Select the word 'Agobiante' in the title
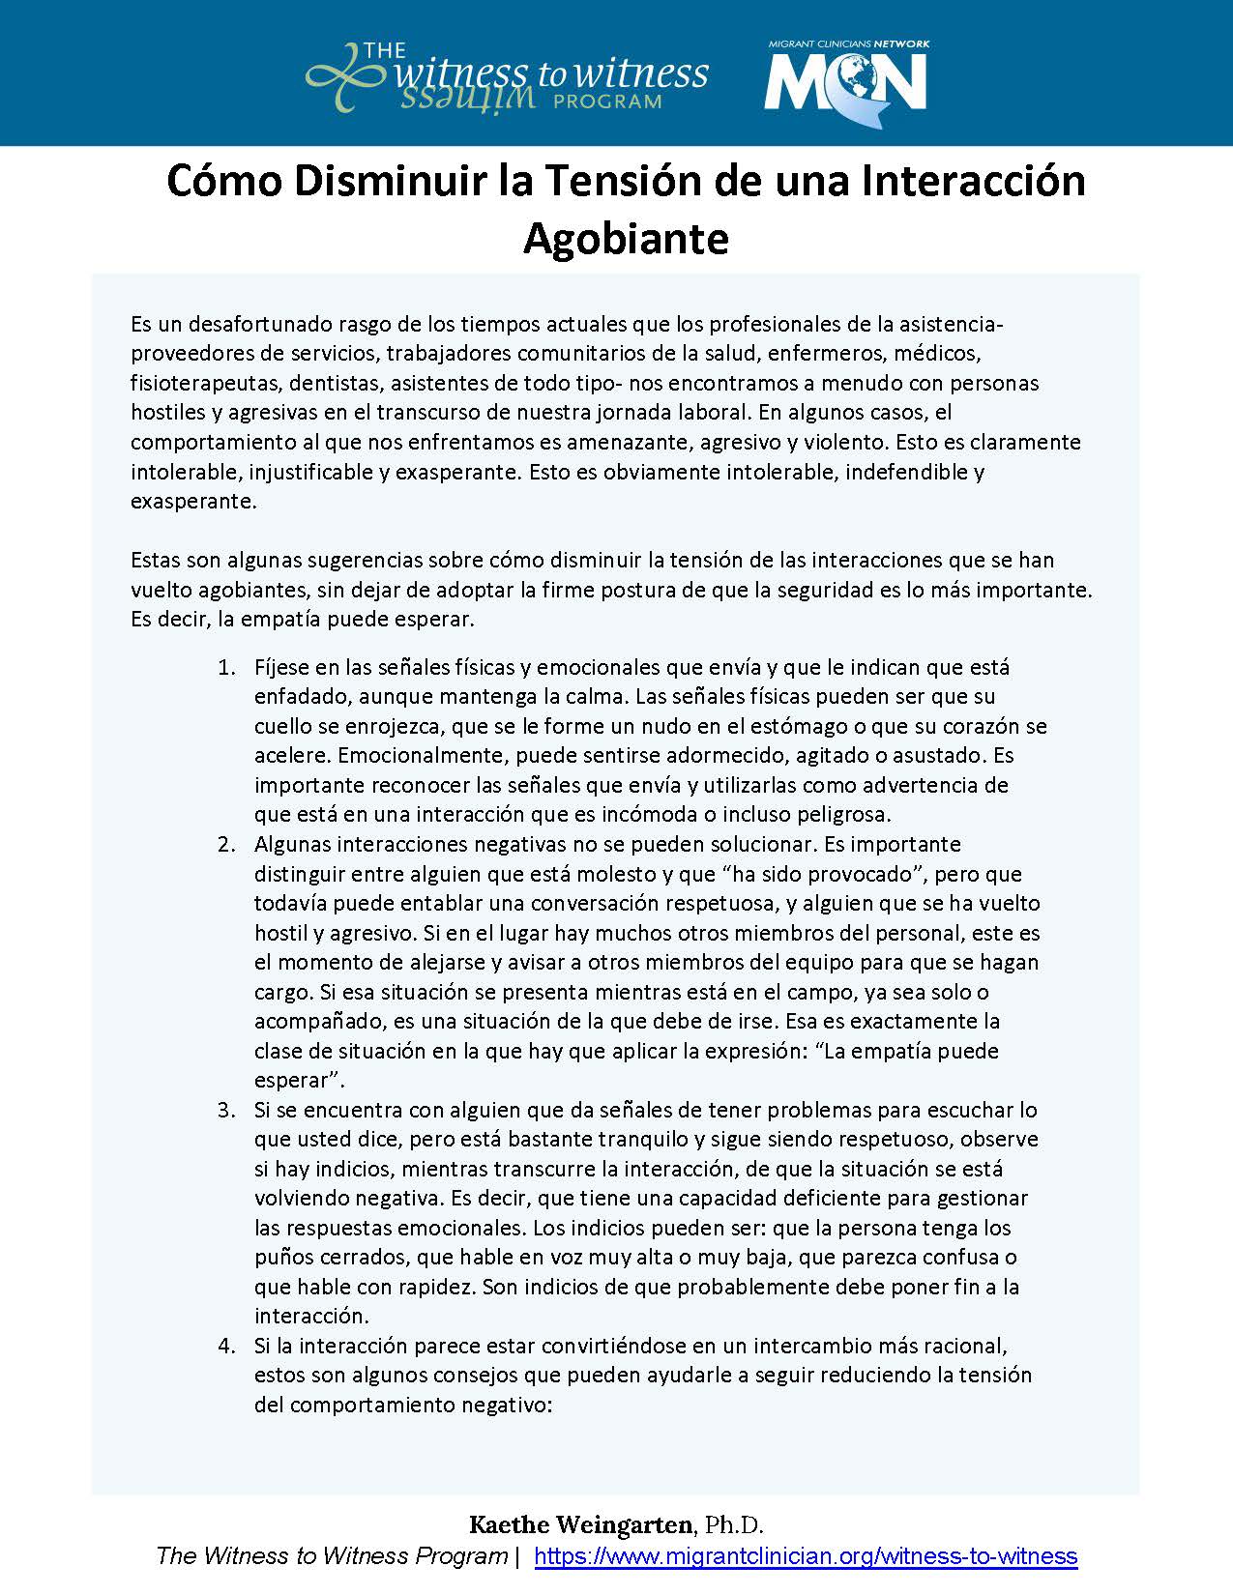tap(625, 238)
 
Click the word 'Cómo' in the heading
tap(219, 182)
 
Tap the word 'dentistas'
tap(334, 383)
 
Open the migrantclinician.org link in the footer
tap(806, 1556)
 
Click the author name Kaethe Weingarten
tap(580, 1525)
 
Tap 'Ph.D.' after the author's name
tap(734, 1525)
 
